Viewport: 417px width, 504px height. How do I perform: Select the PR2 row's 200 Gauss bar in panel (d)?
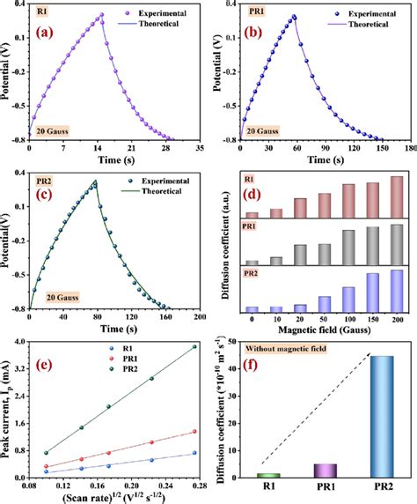tap(396, 285)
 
